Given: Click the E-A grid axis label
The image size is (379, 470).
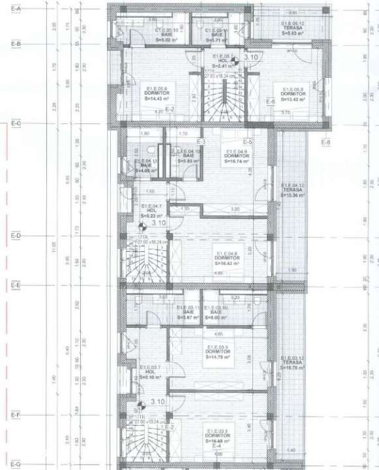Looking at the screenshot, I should [16, 8].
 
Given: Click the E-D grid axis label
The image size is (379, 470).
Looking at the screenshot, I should [16, 235].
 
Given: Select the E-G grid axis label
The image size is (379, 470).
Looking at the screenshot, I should [16, 463].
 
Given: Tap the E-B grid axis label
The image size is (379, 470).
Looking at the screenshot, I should [16, 43].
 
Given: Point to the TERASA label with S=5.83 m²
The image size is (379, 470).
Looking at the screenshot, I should [291, 29].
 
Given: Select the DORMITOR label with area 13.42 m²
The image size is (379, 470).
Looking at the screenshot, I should [293, 94].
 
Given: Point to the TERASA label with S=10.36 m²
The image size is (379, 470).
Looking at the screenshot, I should [293, 190].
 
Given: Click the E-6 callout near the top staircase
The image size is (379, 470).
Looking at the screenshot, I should [270, 101].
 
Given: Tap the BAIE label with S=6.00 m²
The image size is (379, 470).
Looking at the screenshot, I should [216, 311].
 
